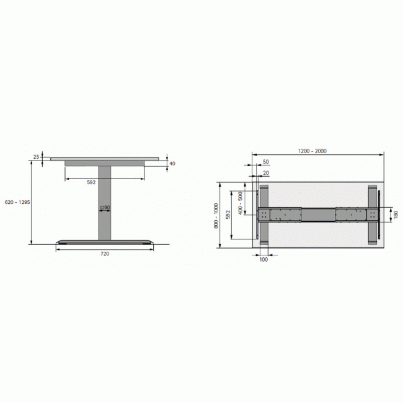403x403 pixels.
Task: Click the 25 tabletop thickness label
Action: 36,157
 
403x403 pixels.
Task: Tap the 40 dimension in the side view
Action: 172,164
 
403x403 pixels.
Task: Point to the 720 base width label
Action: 105,254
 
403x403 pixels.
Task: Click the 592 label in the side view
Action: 91,182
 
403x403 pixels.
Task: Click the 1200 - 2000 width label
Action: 312,151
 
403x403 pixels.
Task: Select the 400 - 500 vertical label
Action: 241,203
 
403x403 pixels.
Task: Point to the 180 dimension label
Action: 395,215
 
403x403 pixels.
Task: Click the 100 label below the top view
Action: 263,259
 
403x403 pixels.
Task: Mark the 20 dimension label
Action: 265,173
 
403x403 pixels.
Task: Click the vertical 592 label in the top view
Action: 228,215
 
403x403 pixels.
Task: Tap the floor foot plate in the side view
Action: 105,242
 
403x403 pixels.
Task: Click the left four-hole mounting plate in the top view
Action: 265,215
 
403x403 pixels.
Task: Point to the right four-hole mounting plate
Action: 373,215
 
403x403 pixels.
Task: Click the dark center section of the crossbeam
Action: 319,215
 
